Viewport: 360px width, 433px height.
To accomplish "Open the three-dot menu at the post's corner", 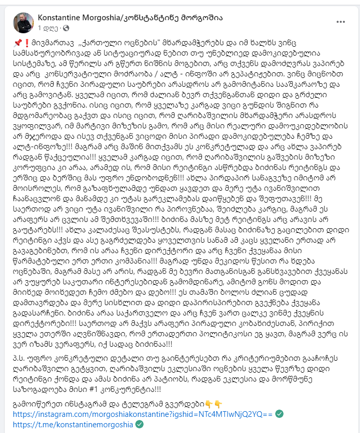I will click(340, 22).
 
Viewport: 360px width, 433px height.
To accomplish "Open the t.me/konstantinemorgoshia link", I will click(72, 424).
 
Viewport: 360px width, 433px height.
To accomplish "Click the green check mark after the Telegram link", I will click(139, 424).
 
